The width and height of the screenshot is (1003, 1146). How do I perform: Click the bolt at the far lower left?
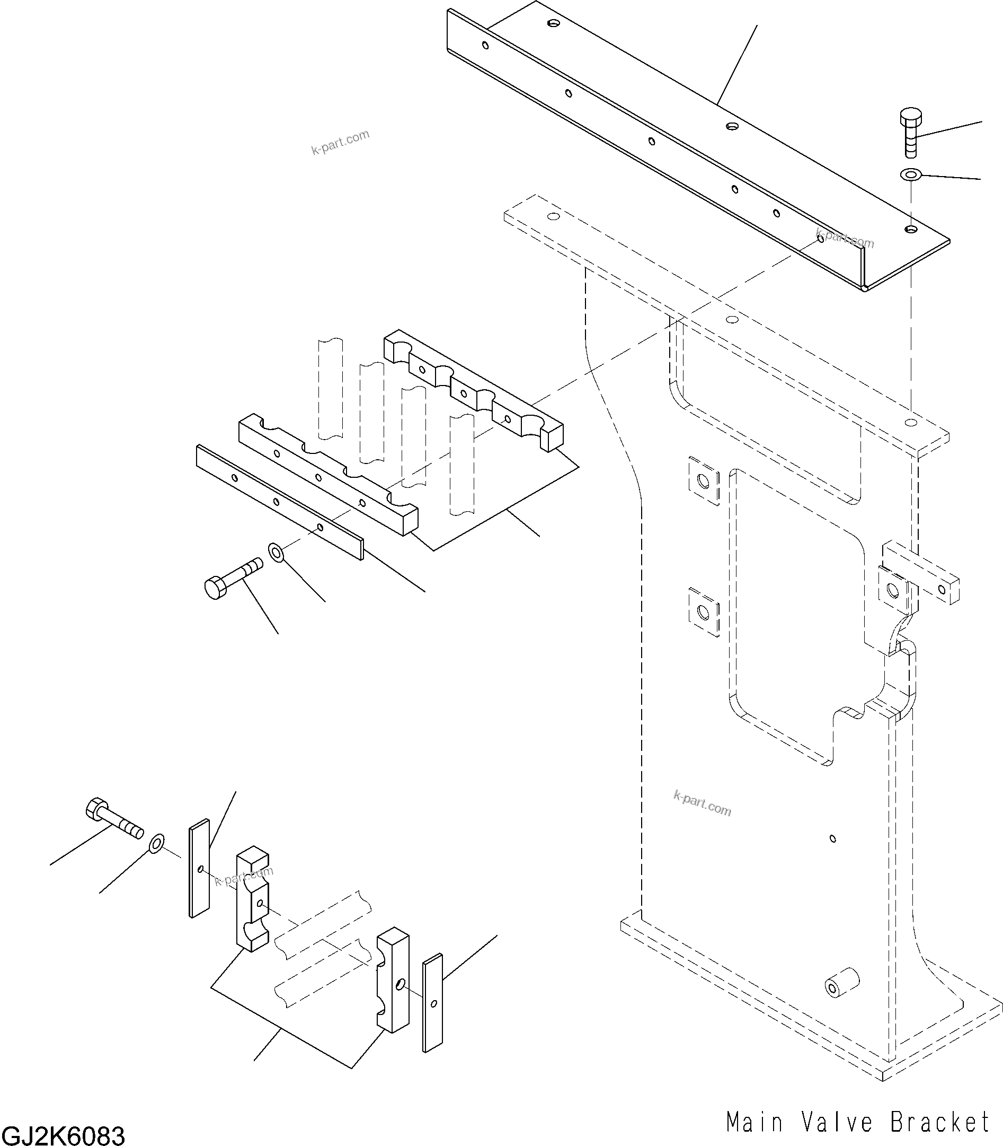113,819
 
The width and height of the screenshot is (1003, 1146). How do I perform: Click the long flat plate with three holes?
279,501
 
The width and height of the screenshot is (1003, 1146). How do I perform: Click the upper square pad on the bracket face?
704,480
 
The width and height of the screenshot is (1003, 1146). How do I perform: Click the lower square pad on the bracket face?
704,612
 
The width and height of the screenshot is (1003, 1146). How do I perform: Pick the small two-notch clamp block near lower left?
252,899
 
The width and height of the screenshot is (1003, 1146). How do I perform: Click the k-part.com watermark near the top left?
340,142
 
